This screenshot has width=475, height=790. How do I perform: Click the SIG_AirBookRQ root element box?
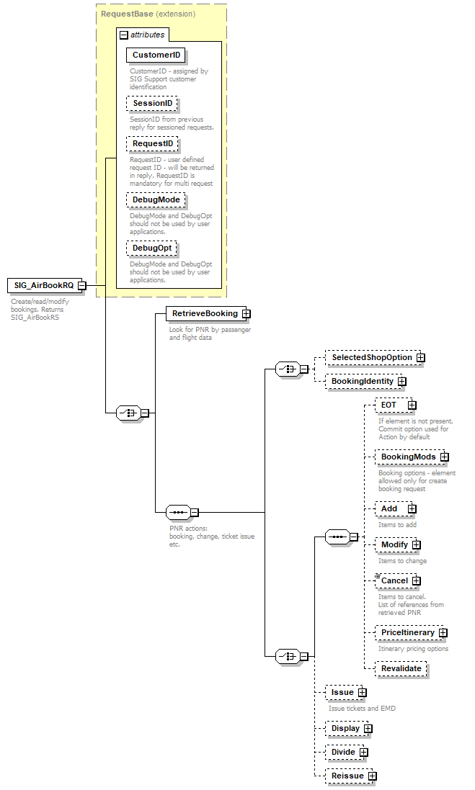(x=44, y=285)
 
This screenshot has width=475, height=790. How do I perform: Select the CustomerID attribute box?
(x=156, y=55)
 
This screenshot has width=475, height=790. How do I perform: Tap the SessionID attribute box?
(x=152, y=104)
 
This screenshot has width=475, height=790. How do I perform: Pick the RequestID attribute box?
(x=153, y=144)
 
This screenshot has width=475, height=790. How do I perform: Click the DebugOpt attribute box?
(x=152, y=248)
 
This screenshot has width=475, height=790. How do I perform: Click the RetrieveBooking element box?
(x=204, y=314)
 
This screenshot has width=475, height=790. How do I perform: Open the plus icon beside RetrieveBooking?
(x=246, y=314)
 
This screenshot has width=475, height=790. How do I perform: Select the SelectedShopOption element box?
(x=371, y=357)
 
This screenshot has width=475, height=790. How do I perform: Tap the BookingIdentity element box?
(x=362, y=381)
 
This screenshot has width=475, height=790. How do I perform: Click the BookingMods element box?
(x=408, y=457)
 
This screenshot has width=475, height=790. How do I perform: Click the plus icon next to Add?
(x=412, y=508)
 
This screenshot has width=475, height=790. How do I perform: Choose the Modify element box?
(x=394, y=544)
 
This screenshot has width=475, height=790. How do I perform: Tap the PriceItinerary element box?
(x=407, y=632)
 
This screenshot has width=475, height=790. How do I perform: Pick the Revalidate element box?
(x=401, y=668)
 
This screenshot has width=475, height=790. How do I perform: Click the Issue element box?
(x=342, y=692)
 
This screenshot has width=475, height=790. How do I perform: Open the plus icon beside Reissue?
(x=371, y=776)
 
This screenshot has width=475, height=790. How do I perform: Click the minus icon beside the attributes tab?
(x=124, y=35)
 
